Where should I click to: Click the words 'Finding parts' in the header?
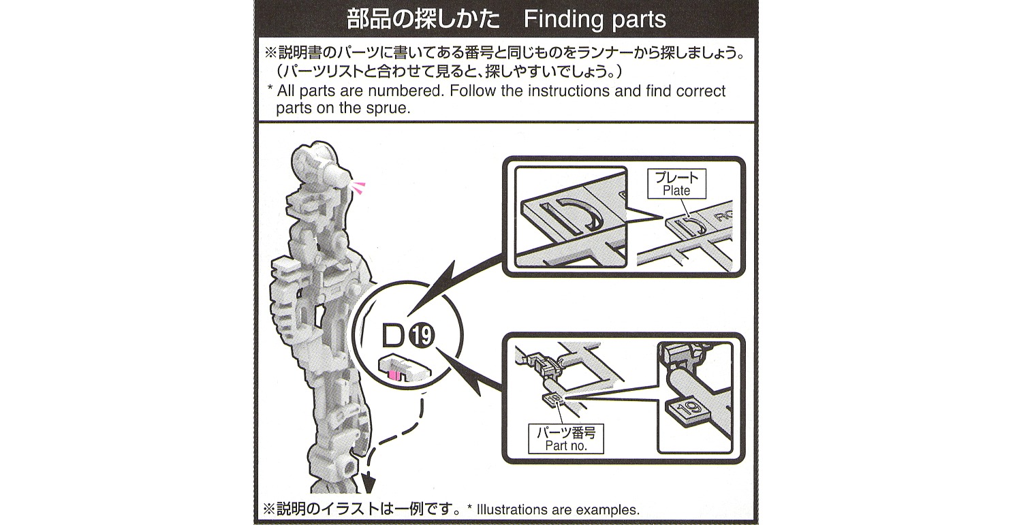click(x=594, y=19)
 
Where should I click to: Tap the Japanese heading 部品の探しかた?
click(x=423, y=19)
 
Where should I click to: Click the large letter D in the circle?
click(x=393, y=336)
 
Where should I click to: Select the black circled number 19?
click(x=422, y=336)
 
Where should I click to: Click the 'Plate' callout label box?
click(x=676, y=183)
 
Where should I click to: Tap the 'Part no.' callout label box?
click(x=565, y=439)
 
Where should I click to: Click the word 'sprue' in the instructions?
click(x=388, y=108)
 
